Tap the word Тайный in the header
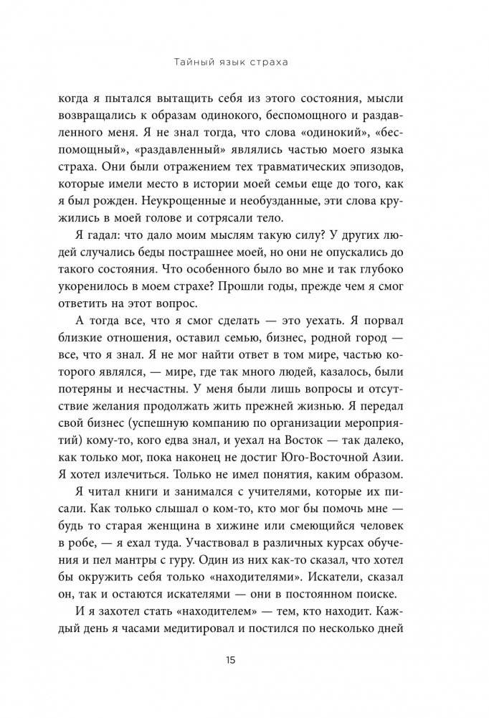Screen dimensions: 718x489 point(194,62)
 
